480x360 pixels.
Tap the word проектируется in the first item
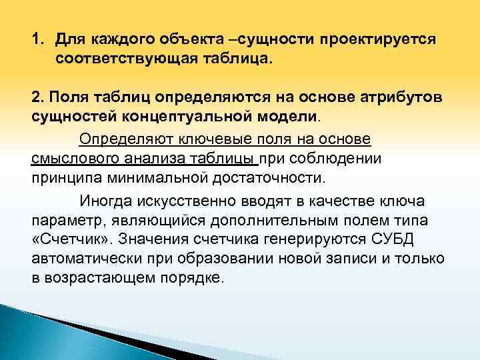(x=379, y=39)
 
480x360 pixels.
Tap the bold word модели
(x=285, y=117)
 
